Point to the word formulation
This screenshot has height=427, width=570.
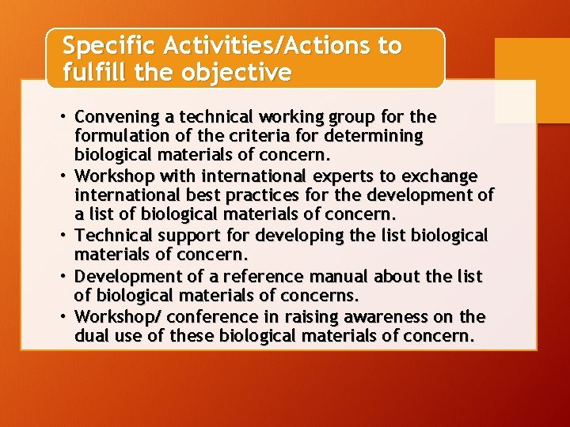point(120,136)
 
